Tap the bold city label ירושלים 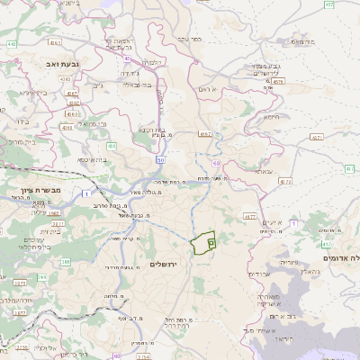coord(165,264)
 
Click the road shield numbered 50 coord(158,159)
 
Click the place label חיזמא coord(270,114)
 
